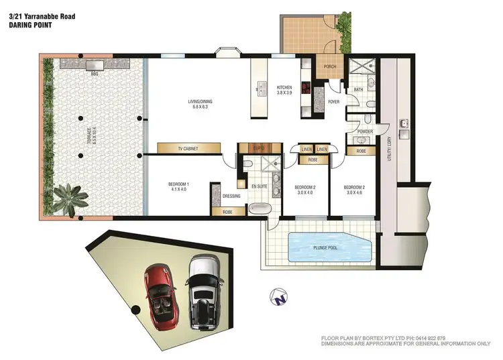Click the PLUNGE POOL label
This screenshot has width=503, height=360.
point(329,247)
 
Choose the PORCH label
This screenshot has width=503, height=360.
point(329,66)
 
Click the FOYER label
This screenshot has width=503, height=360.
point(333,102)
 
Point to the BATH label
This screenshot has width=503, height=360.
point(358,89)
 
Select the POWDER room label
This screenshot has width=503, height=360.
point(365,131)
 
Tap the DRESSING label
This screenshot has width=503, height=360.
point(231,196)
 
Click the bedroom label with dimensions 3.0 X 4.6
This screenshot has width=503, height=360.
point(353,190)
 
